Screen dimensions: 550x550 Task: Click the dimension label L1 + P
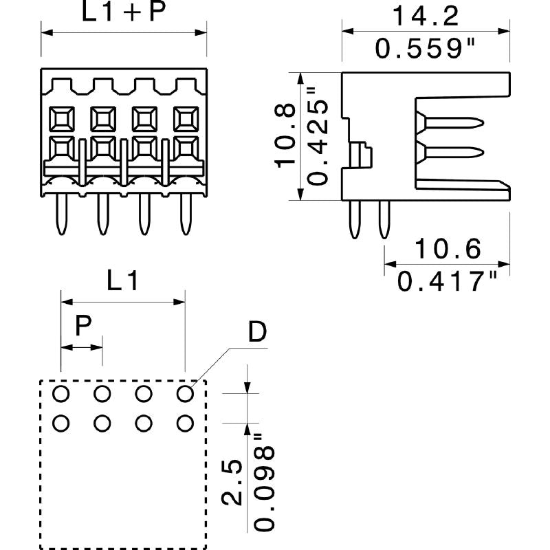[124, 13]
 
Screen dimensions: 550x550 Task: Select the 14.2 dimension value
[426, 14]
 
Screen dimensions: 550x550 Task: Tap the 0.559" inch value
[426, 47]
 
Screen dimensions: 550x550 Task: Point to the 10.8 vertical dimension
[285, 135]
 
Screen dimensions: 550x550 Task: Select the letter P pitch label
[82, 326]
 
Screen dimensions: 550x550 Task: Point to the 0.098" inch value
[264, 481]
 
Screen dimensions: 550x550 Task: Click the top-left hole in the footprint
[61, 394]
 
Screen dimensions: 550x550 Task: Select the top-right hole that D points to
[184, 394]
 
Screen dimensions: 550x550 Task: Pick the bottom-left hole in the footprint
[61, 423]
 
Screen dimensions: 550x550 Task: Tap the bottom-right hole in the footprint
[184, 423]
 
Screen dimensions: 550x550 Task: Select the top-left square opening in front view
[61, 120]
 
